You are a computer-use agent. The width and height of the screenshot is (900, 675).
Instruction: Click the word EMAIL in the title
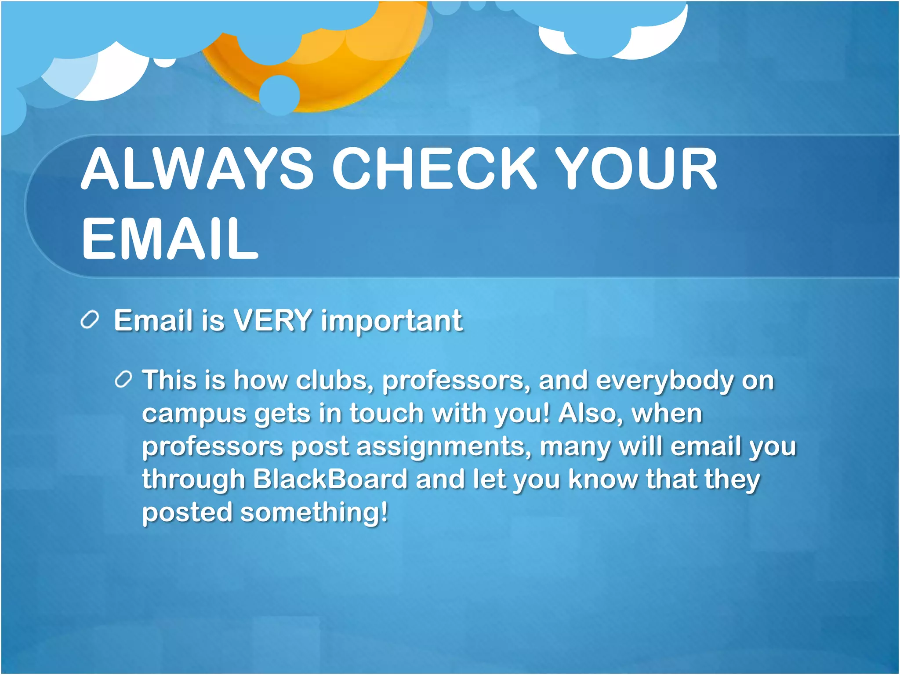(x=170, y=239)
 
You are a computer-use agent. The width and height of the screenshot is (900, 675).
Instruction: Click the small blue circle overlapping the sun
(x=279, y=95)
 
